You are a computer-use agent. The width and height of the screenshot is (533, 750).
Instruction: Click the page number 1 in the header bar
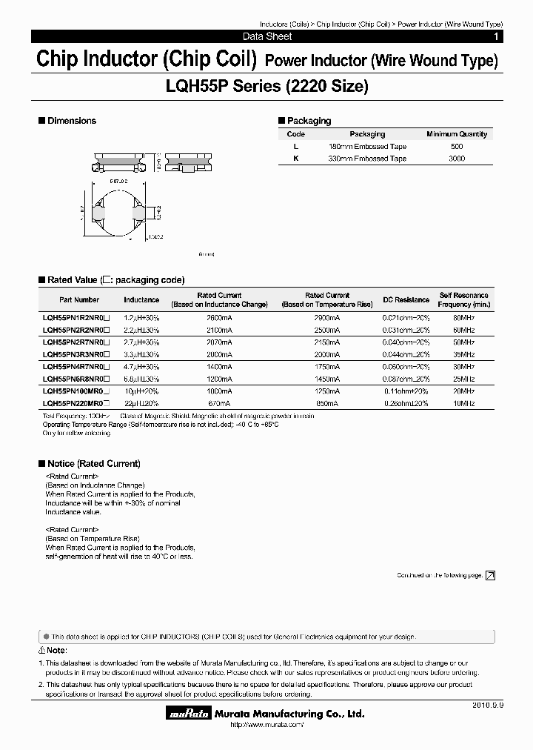[x=495, y=36]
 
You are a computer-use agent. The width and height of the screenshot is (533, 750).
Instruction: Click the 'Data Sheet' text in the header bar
[x=267, y=36]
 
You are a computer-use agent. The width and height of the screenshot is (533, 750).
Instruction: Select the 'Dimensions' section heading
[x=71, y=121]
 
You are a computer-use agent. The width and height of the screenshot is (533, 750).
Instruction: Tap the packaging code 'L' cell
[x=295, y=147]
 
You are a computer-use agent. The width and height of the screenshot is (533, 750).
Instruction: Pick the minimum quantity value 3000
[x=457, y=159]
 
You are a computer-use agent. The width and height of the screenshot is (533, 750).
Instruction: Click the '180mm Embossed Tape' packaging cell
[x=367, y=147]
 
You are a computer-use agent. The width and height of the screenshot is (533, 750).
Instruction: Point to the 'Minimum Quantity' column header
[x=457, y=134]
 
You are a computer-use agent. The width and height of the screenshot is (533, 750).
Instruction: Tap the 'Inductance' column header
[x=141, y=299]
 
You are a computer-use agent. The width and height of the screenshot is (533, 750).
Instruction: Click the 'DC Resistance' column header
[x=406, y=299]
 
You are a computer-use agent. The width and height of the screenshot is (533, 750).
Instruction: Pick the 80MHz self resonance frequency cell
[x=463, y=317]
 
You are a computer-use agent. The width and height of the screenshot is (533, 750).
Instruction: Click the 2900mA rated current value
[x=327, y=317]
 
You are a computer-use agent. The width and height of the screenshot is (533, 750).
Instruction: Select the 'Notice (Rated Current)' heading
[x=93, y=464]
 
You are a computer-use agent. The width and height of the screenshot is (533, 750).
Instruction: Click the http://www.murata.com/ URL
[x=266, y=725]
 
